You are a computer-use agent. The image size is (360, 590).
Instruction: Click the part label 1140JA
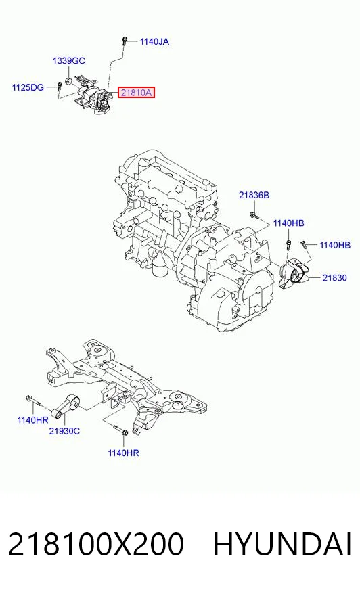[154, 41]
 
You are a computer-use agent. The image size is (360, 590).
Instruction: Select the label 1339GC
[69, 61]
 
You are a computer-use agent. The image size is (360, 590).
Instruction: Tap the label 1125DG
[28, 87]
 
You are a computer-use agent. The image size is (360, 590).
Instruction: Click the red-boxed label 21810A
[136, 92]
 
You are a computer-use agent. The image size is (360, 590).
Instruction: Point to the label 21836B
[254, 195]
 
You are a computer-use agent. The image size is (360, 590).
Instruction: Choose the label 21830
[334, 277]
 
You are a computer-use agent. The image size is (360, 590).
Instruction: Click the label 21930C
[64, 431]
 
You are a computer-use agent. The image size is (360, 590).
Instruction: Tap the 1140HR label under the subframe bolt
[123, 453]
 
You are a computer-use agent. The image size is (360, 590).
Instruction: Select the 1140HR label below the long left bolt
[32, 419]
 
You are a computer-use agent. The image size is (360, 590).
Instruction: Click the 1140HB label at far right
[335, 245]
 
